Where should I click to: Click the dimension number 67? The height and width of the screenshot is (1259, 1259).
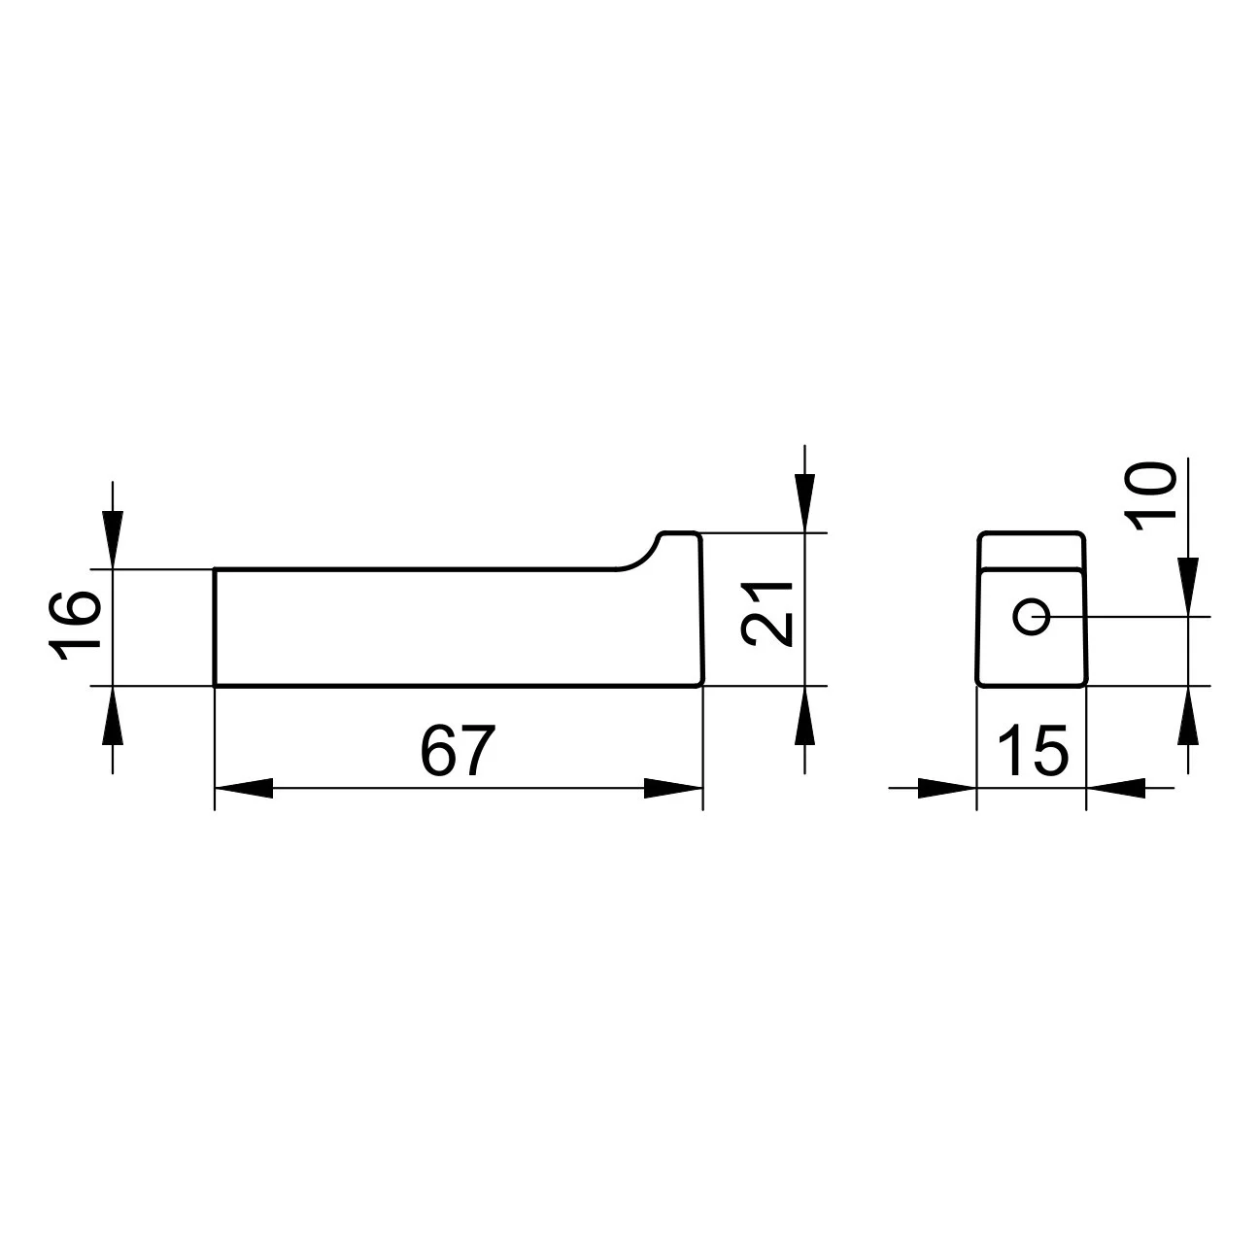(458, 750)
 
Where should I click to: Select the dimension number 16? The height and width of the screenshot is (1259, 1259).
(75, 626)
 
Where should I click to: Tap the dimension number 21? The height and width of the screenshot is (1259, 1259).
(767, 614)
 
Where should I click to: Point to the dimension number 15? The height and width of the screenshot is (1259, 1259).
(1033, 750)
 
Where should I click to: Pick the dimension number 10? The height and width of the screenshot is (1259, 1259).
(1150, 495)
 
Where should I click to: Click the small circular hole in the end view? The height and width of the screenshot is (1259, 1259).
(1031, 616)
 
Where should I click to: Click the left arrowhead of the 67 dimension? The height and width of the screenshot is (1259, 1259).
(244, 788)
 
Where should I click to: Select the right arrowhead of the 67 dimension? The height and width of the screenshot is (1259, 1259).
(673, 788)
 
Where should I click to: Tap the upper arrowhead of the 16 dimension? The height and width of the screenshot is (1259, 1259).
(113, 540)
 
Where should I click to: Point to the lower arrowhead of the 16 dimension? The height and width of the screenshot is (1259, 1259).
(113, 715)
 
